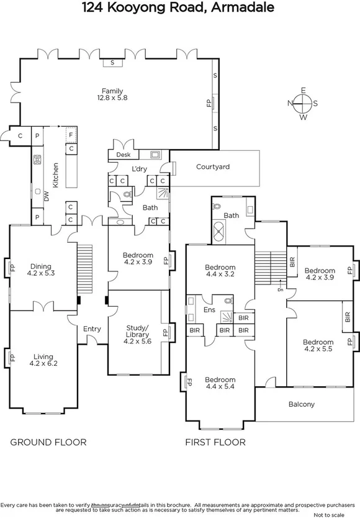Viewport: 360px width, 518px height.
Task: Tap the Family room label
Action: [x=112, y=91]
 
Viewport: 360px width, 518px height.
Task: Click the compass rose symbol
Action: [x=303, y=103]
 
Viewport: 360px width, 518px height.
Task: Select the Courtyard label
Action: [x=213, y=166]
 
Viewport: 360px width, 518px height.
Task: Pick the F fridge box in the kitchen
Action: [x=71, y=134]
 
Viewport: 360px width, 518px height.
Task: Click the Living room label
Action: [x=43, y=357]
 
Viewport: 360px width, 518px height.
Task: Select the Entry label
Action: [x=83, y=329]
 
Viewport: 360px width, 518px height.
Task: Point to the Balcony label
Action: [x=302, y=404]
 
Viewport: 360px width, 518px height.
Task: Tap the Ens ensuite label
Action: [x=209, y=309]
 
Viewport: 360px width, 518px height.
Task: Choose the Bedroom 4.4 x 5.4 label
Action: [x=220, y=383]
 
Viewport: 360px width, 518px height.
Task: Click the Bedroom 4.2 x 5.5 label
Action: [x=318, y=346]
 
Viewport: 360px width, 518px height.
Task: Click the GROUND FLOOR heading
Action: [x=48, y=442]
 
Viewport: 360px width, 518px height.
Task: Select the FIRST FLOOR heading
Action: [x=215, y=442]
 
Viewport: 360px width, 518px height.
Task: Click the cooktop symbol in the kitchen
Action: [x=37, y=158]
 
